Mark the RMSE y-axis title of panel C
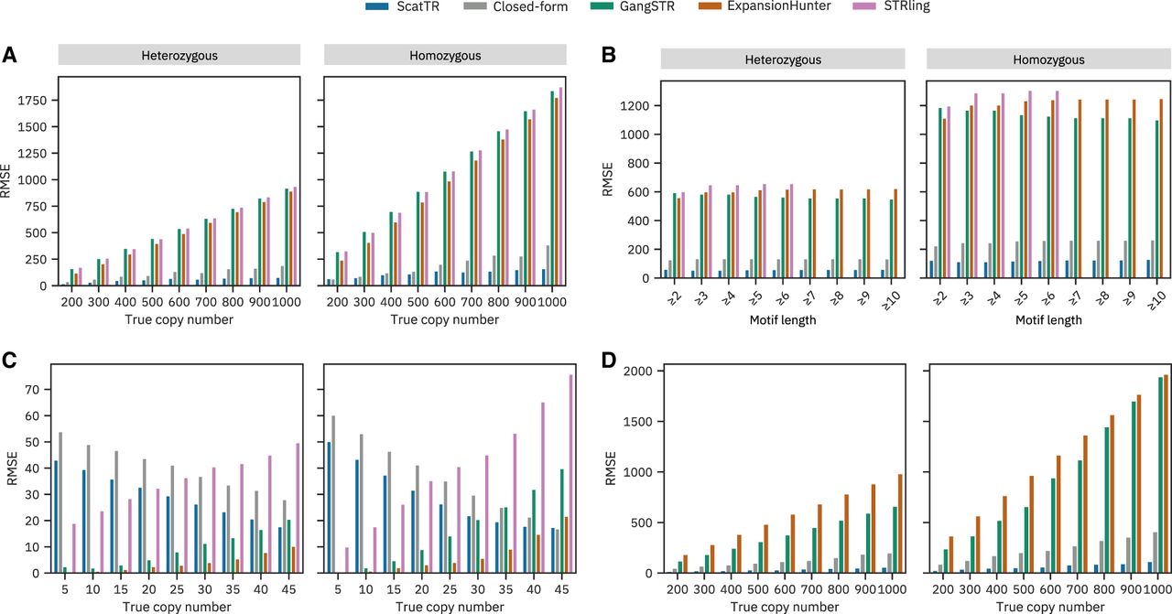click(x=11, y=468)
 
